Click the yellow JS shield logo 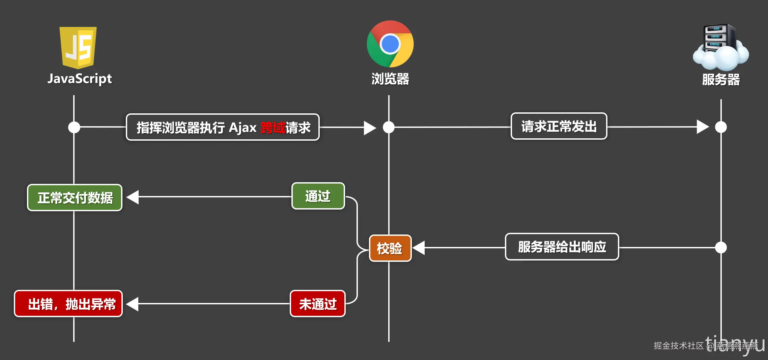click(x=78, y=47)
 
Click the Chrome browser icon click(x=390, y=44)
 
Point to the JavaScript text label click(x=80, y=79)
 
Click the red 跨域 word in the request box click(x=273, y=128)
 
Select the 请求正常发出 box click(x=559, y=126)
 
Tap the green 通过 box click(x=318, y=196)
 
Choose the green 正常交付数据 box click(x=75, y=198)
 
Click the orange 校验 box click(x=390, y=248)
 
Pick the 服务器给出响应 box click(x=562, y=247)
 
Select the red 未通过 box click(x=318, y=304)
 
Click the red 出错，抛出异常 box click(x=68, y=304)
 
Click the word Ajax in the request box click(x=243, y=128)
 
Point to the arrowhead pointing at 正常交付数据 click(x=133, y=197)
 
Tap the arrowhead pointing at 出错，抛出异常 click(x=133, y=304)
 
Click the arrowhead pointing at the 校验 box click(x=419, y=248)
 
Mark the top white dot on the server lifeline click(x=721, y=127)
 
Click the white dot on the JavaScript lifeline click(x=74, y=127)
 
